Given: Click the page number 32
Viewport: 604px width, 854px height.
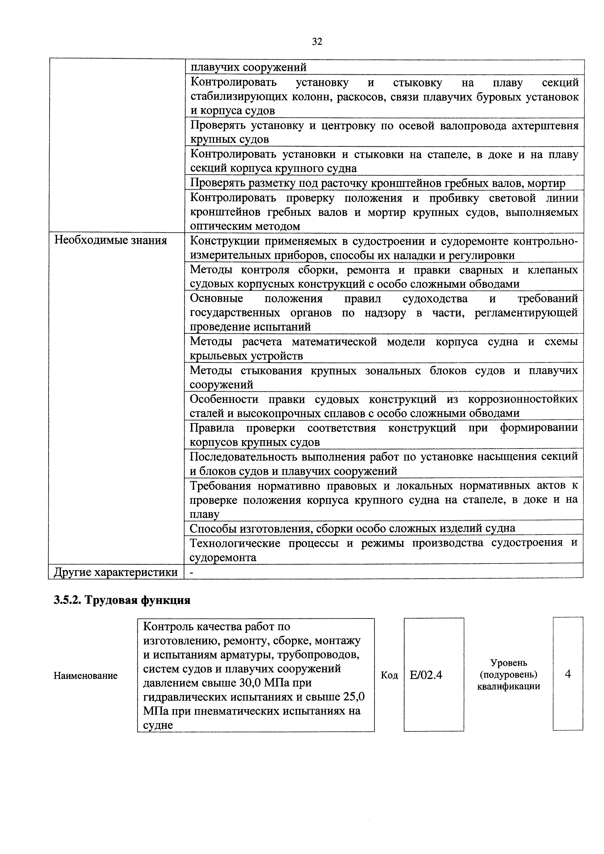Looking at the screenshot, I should click(317, 42).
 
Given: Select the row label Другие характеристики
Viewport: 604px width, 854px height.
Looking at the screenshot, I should click(116, 572).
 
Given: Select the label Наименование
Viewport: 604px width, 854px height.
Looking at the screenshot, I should click(85, 676).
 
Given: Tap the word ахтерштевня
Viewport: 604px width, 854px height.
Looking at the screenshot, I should click(545, 126).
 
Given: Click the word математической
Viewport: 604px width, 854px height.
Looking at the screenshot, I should click(334, 342).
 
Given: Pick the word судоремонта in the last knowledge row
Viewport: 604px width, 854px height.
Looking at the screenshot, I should click(223, 557).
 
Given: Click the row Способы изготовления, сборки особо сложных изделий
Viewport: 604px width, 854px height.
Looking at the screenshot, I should click(352, 529).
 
